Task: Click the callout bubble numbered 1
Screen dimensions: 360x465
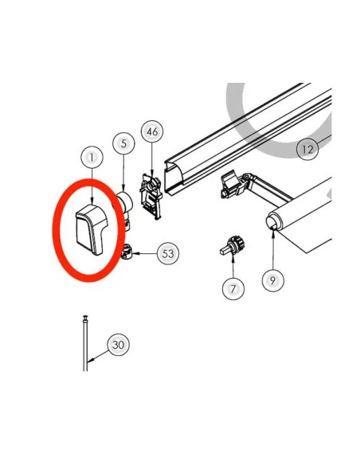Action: tap(92, 158)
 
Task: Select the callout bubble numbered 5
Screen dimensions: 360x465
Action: tap(123, 143)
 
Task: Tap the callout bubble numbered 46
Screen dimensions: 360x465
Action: tap(152, 131)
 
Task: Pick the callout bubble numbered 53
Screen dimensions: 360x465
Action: tap(168, 254)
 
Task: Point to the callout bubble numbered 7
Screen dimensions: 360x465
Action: tap(233, 288)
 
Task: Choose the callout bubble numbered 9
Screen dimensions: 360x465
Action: tap(273, 280)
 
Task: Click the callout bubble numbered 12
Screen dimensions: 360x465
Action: tap(307, 149)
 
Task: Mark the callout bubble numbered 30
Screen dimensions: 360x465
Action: tap(119, 345)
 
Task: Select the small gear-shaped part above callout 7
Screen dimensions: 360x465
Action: tap(233, 245)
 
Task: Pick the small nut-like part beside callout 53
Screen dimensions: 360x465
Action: tap(127, 251)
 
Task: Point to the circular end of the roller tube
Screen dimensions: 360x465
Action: tap(273, 222)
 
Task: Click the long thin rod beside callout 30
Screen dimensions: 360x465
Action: tap(85, 343)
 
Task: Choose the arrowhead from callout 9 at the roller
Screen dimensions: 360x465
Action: tap(273, 230)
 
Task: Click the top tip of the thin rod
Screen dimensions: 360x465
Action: tap(85, 316)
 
